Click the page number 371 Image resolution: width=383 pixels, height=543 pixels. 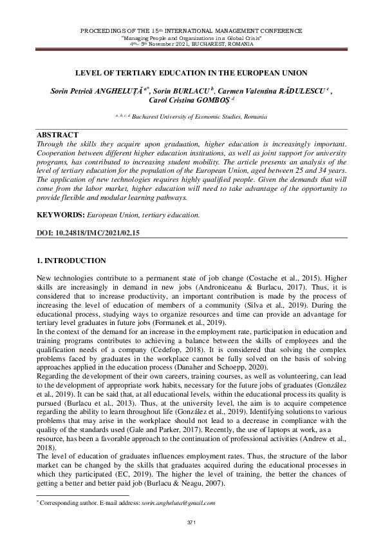click(191, 520)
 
